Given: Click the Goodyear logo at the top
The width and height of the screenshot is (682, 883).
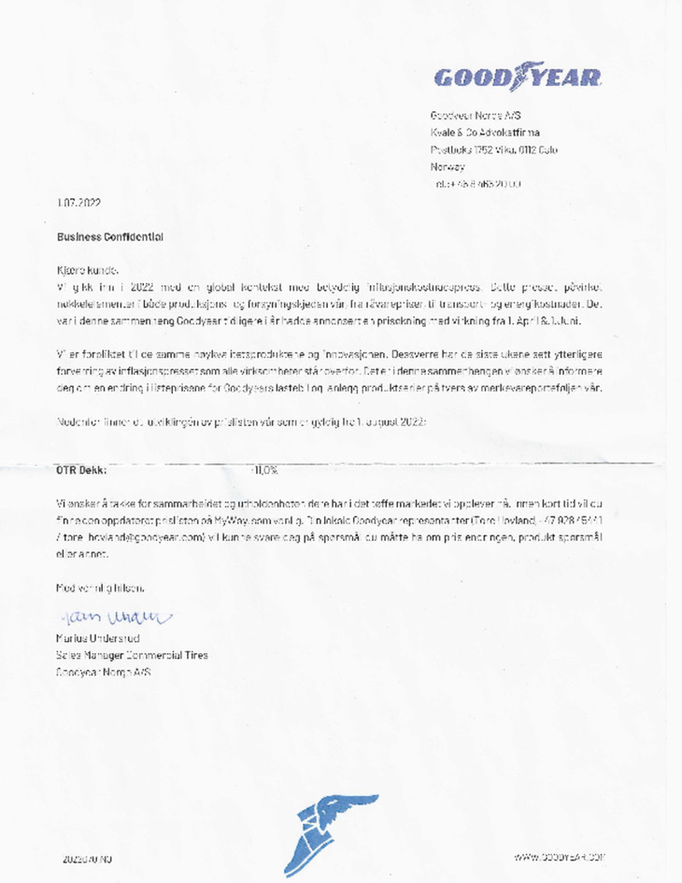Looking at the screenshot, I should point(517,77).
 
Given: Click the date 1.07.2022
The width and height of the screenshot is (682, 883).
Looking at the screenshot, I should point(79,204).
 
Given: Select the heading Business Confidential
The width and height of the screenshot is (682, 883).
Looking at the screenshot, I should point(110,237).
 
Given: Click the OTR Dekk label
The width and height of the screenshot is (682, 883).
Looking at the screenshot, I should point(81,470).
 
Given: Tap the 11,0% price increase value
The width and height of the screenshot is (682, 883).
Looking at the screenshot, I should point(265,470).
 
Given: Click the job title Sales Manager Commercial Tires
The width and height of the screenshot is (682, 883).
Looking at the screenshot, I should point(133,655).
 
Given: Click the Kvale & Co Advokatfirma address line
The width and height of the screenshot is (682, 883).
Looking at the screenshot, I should point(484,133).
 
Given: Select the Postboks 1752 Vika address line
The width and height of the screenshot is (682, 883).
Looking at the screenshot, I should point(493,150).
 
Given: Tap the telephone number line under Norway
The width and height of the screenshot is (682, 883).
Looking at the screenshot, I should point(475,183).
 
